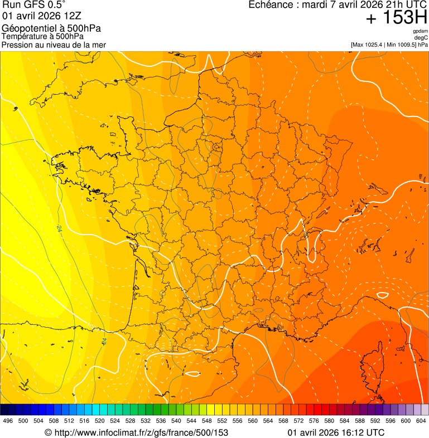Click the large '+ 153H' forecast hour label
coord(396,18)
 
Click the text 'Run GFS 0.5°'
coord(34,5)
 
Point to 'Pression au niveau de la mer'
coord(54,45)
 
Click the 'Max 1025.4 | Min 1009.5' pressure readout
coord(389,45)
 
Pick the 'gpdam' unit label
coord(421,31)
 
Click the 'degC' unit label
coord(422,38)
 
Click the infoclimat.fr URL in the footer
coord(136,432)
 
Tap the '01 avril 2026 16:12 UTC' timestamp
coord(336,432)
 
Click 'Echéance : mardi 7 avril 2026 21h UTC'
coord(338,5)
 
